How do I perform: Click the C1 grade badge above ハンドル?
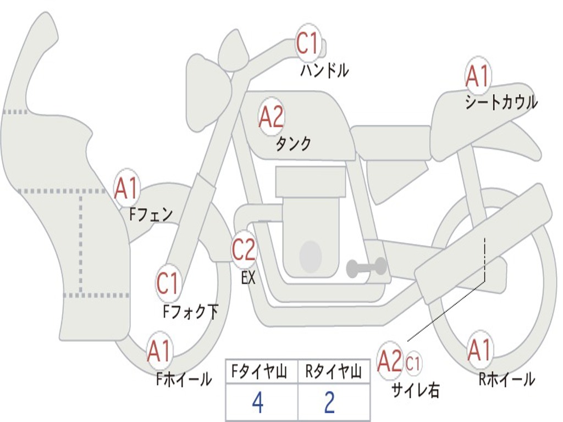coord(308,44)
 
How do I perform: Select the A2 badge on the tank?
coord(271,117)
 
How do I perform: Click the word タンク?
coord(293,144)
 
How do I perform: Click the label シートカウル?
coord(501,103)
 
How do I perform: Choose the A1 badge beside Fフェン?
coord(127,188)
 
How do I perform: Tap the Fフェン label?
coord(151,214)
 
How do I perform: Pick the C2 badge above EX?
coord(244,250)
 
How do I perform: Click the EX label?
coord(249,278)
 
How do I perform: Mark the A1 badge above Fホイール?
coord(159,352)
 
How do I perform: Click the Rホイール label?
coord(506,379)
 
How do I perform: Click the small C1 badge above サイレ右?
coord(413,363)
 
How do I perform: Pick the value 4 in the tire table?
coord(257,403)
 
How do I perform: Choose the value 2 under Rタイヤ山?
coord(329,403)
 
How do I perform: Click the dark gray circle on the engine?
coord(310,256)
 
